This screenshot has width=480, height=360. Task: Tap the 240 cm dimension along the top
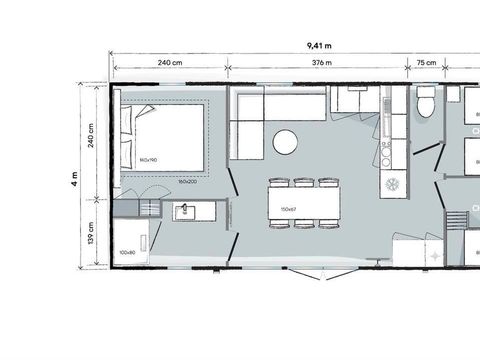point(170,62)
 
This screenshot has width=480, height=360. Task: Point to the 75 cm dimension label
point(425,62)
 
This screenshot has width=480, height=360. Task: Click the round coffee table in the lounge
point(286,141)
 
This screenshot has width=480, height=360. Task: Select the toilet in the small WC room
point(426,104)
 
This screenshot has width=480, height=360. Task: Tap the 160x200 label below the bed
point(187,181)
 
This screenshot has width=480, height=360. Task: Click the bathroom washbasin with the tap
point(184,212)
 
